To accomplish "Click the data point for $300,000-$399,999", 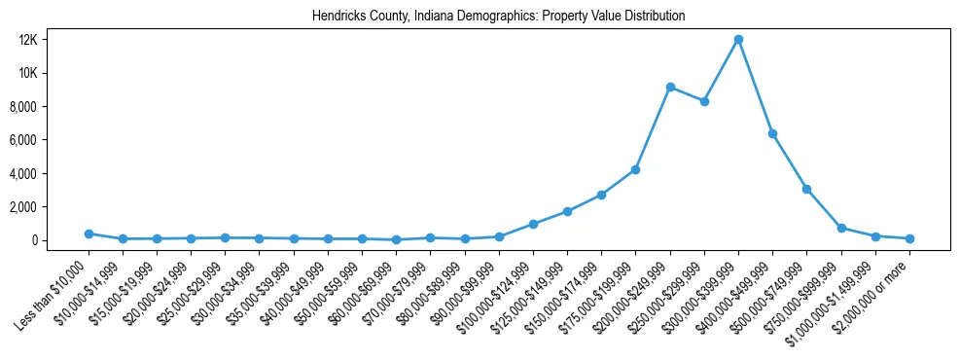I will pos(738,39).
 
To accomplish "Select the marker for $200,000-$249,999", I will pos(670,87).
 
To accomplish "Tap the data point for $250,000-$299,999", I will pos(704,101).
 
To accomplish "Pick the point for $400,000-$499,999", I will pos(772,133).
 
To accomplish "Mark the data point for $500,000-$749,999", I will pos(806,189).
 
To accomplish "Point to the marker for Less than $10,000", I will pos(89,234).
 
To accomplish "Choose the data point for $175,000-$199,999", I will pos(636,169).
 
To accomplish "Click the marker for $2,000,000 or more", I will pos(909,238).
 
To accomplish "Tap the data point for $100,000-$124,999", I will pos(533,224).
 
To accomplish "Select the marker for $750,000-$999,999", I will pos(841,228).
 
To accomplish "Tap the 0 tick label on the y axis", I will pos(60,240).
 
